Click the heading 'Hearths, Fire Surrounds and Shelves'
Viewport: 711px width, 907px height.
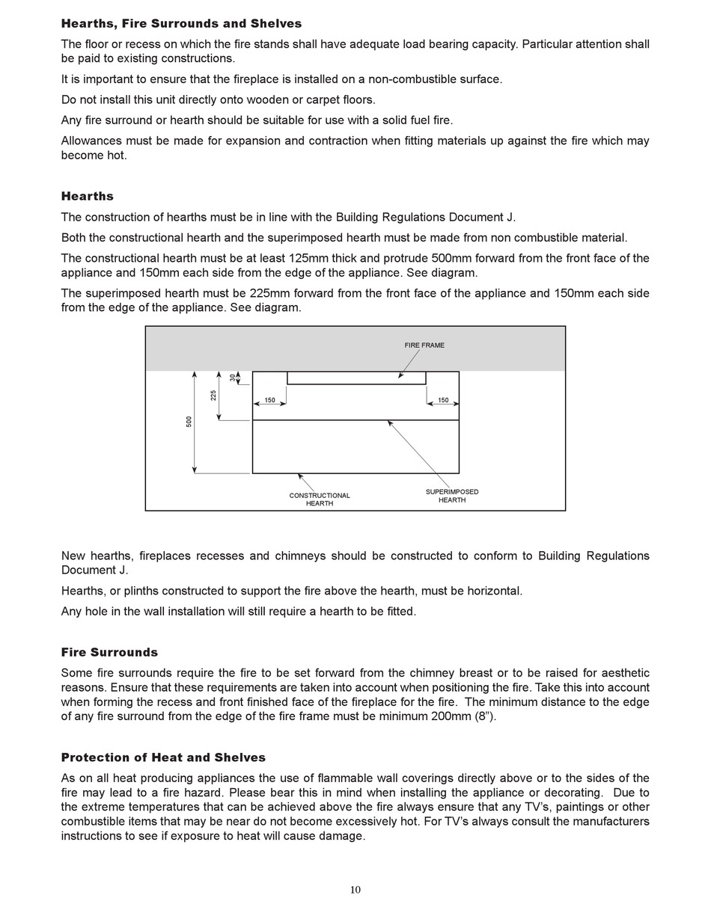(181, 24)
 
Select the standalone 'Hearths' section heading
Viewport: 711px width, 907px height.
(88, 197)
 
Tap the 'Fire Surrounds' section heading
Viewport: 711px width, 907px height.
(109, 653)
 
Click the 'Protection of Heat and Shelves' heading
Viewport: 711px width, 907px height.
(163, 757)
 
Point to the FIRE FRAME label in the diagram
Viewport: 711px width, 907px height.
(424, 345)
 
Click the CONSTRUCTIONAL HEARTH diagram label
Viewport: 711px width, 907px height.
(320, 499)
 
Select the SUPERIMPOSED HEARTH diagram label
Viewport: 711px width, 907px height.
(452, 496)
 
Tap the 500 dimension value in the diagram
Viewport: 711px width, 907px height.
(189, 422)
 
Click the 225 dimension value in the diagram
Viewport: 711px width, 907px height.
(213, 396)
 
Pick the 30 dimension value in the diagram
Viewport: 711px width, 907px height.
(232, 378)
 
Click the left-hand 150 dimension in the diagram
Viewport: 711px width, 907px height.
(269, 401)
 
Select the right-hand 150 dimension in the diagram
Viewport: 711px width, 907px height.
(443, 401)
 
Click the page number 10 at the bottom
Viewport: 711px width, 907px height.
(355, 890)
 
